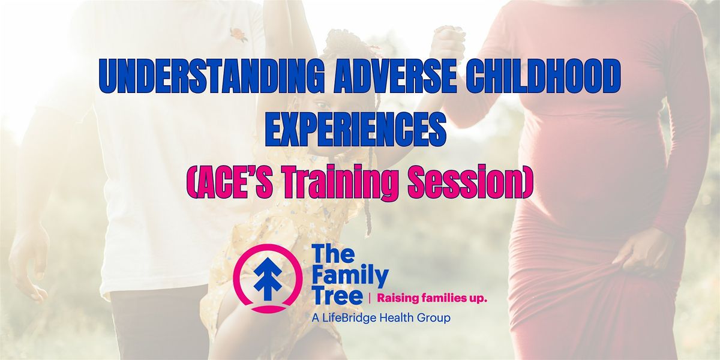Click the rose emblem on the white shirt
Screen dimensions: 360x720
point(239,34)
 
